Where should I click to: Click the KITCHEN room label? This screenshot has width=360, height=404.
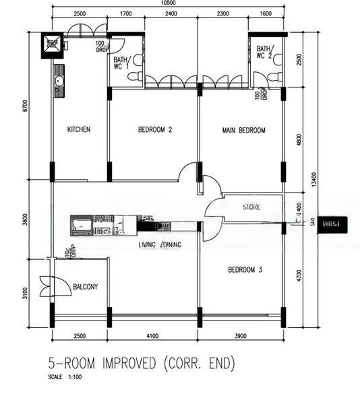point(78,130)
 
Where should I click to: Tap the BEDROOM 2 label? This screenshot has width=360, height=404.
point(156,130)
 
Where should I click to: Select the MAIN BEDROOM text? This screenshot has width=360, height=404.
point(243,130)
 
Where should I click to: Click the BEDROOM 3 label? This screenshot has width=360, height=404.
point(245,270)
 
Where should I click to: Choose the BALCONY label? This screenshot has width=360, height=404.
point(85,287)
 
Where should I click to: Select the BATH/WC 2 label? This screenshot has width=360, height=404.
point(264,52)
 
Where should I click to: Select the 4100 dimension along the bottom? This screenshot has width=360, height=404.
point(153,335)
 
